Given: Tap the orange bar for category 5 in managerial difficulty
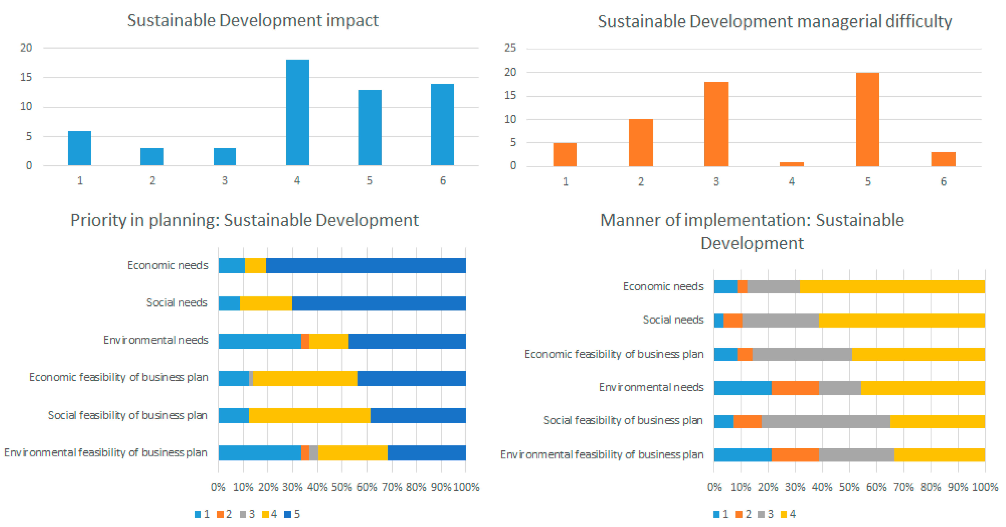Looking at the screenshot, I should point(867,119).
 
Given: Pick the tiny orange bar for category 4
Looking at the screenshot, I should point(792,164).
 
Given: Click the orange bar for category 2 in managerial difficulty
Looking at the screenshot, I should point(640,143).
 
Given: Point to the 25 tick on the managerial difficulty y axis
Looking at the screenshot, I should point(510,48).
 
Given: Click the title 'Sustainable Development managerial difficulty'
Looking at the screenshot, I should point(774,21).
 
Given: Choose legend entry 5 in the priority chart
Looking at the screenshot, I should point(292,514).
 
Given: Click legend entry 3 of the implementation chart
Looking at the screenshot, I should point(765,514).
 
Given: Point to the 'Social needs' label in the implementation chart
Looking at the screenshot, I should point(673,320).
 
